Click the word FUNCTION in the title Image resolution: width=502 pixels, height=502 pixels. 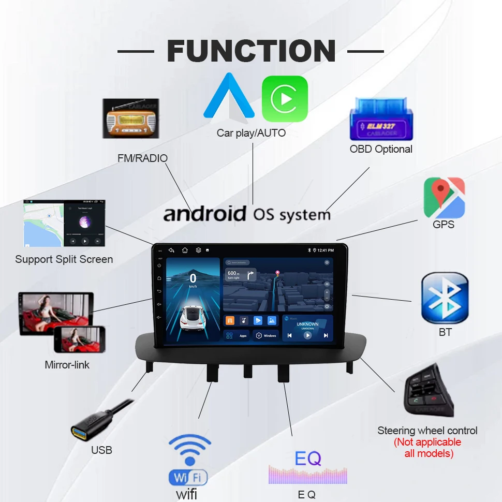251,51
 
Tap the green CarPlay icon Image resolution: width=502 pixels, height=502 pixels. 285,98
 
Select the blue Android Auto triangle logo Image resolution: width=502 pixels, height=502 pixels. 229,97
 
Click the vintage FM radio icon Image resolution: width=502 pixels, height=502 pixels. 130,119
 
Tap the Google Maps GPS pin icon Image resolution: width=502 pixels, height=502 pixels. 444,197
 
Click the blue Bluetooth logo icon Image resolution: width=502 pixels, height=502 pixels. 445,299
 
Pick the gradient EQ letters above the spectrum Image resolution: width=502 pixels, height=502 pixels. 308,458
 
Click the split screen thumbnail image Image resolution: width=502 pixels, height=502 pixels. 64,224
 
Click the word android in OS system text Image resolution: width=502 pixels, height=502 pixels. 205,214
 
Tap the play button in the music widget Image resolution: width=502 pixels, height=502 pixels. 307,335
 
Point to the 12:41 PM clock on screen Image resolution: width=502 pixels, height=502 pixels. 326,250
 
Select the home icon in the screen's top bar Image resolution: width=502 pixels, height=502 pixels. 185,250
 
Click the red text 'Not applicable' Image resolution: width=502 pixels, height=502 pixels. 427,442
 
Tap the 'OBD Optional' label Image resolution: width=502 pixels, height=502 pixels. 381,149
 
